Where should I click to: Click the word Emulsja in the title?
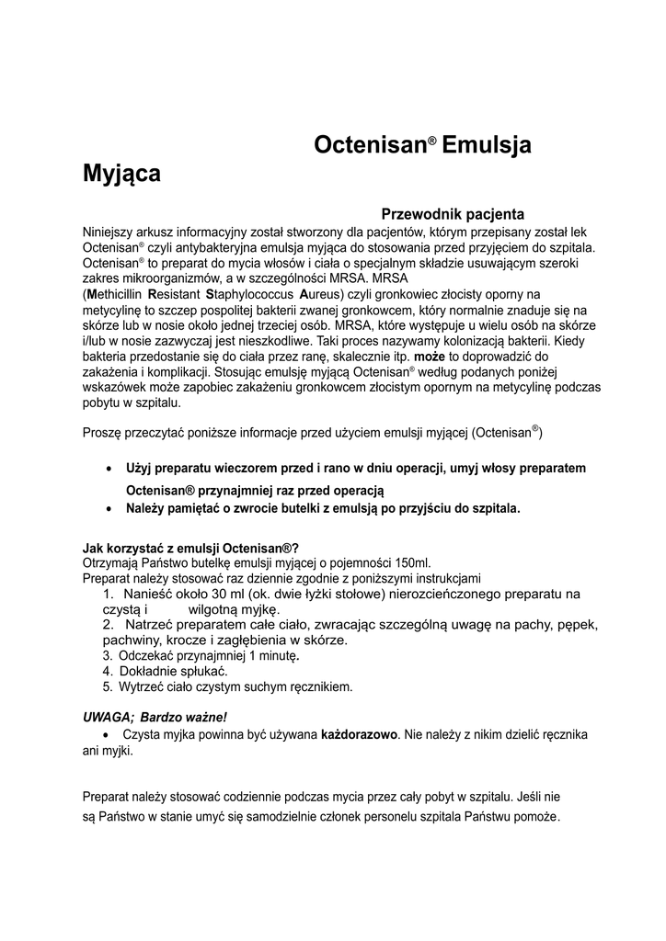pos(487,144)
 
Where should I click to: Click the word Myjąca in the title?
pos(121,173)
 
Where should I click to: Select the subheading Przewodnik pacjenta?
pos(453,213)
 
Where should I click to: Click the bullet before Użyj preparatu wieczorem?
pos(111,469)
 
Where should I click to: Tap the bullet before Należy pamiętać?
pos(111,508)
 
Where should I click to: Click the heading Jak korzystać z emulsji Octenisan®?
pos(190,550)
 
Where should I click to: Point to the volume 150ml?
pos(411,563)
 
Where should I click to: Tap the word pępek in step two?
pos(580,625)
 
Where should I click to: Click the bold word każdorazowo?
pos(359,735)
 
